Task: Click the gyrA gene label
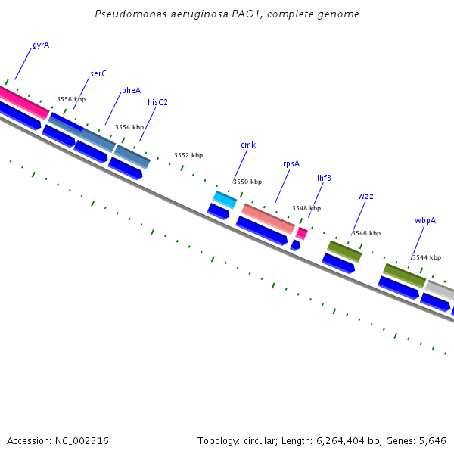pyautogui.click(x=41, y=45)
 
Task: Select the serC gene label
pyautogui.click(x=98, y=74)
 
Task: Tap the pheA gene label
pyautogui.click(x=131, y=91)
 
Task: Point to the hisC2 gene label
pyautogui.click(x=157, y=103)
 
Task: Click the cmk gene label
pyautogui.click(x=248, y=145)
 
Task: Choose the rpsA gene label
pyautogui.click(x=291, y=163)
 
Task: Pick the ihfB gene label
pyautogui.click(x=324, y=179)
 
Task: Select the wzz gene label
pyautogui.click(x=365, y=197)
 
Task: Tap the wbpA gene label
pyautogui.click(x=425, y=221)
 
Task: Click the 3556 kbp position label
pyautogui.click(x=71, y=100)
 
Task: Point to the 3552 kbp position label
pyautogui.click(x=188, y=155)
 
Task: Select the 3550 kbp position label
pyautogui.click(x=247, y=182)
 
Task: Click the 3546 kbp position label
pyautogui.click(x=366, y=234)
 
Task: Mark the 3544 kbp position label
pyautogui.click(x=426, y=258)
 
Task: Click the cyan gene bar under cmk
pyautogui.click(x=225, y=199)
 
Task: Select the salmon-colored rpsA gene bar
pyautogui.click(x=268, y=218)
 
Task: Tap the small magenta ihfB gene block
pyautogui.click(x=301, y=233)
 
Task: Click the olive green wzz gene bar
pyautogui.click(x=344, y=250)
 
